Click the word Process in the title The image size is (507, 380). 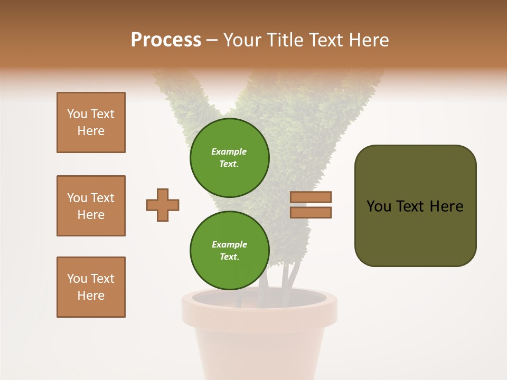coord(166,40)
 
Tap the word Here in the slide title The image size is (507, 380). coord(368,40)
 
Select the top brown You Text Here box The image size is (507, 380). coord(91,122)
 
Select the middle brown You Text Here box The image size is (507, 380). coord(91,206)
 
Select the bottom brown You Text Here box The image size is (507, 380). coord(91,287)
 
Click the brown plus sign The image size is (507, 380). coord(163,205)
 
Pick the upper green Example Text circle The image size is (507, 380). coord(229,157)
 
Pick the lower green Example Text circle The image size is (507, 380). coord(229,250)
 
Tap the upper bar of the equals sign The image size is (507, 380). coord(311,197)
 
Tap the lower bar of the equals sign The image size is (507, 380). coord(311,212)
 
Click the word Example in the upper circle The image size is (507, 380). coord(229,151)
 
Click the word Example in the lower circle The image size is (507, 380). coord(229,244)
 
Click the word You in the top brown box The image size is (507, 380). coord(77,114)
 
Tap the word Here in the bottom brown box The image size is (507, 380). coord(91,296)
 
